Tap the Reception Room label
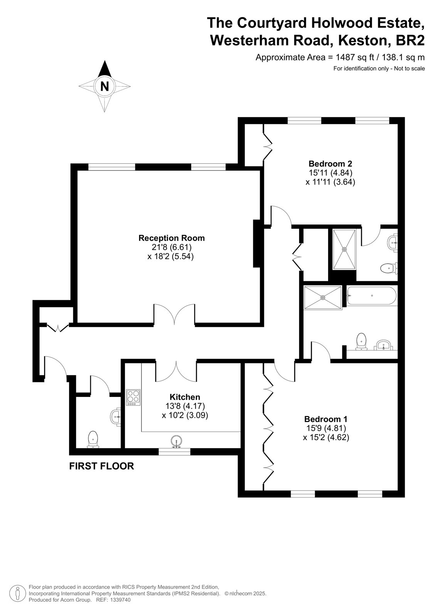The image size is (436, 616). (x=172, y=238)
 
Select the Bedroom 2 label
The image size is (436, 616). (x=330, y=164)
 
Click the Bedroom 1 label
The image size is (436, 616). (x=326, y=419)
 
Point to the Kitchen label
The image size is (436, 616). (x=185, y=397)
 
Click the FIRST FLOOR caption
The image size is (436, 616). (x=102, y=466)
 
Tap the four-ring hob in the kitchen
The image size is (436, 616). (x=133, y=397)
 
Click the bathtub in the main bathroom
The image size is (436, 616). (x=372, y=296)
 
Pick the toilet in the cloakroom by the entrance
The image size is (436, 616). (x=93, y=439)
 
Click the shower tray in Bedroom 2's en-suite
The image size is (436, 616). (x=344, y=249)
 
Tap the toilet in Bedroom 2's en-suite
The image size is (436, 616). (x=389, y=268)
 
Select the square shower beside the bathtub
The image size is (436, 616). (x=323, y=298)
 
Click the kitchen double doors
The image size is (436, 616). (x=176, y=372)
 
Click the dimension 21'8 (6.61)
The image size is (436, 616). (x=172, y=247)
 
